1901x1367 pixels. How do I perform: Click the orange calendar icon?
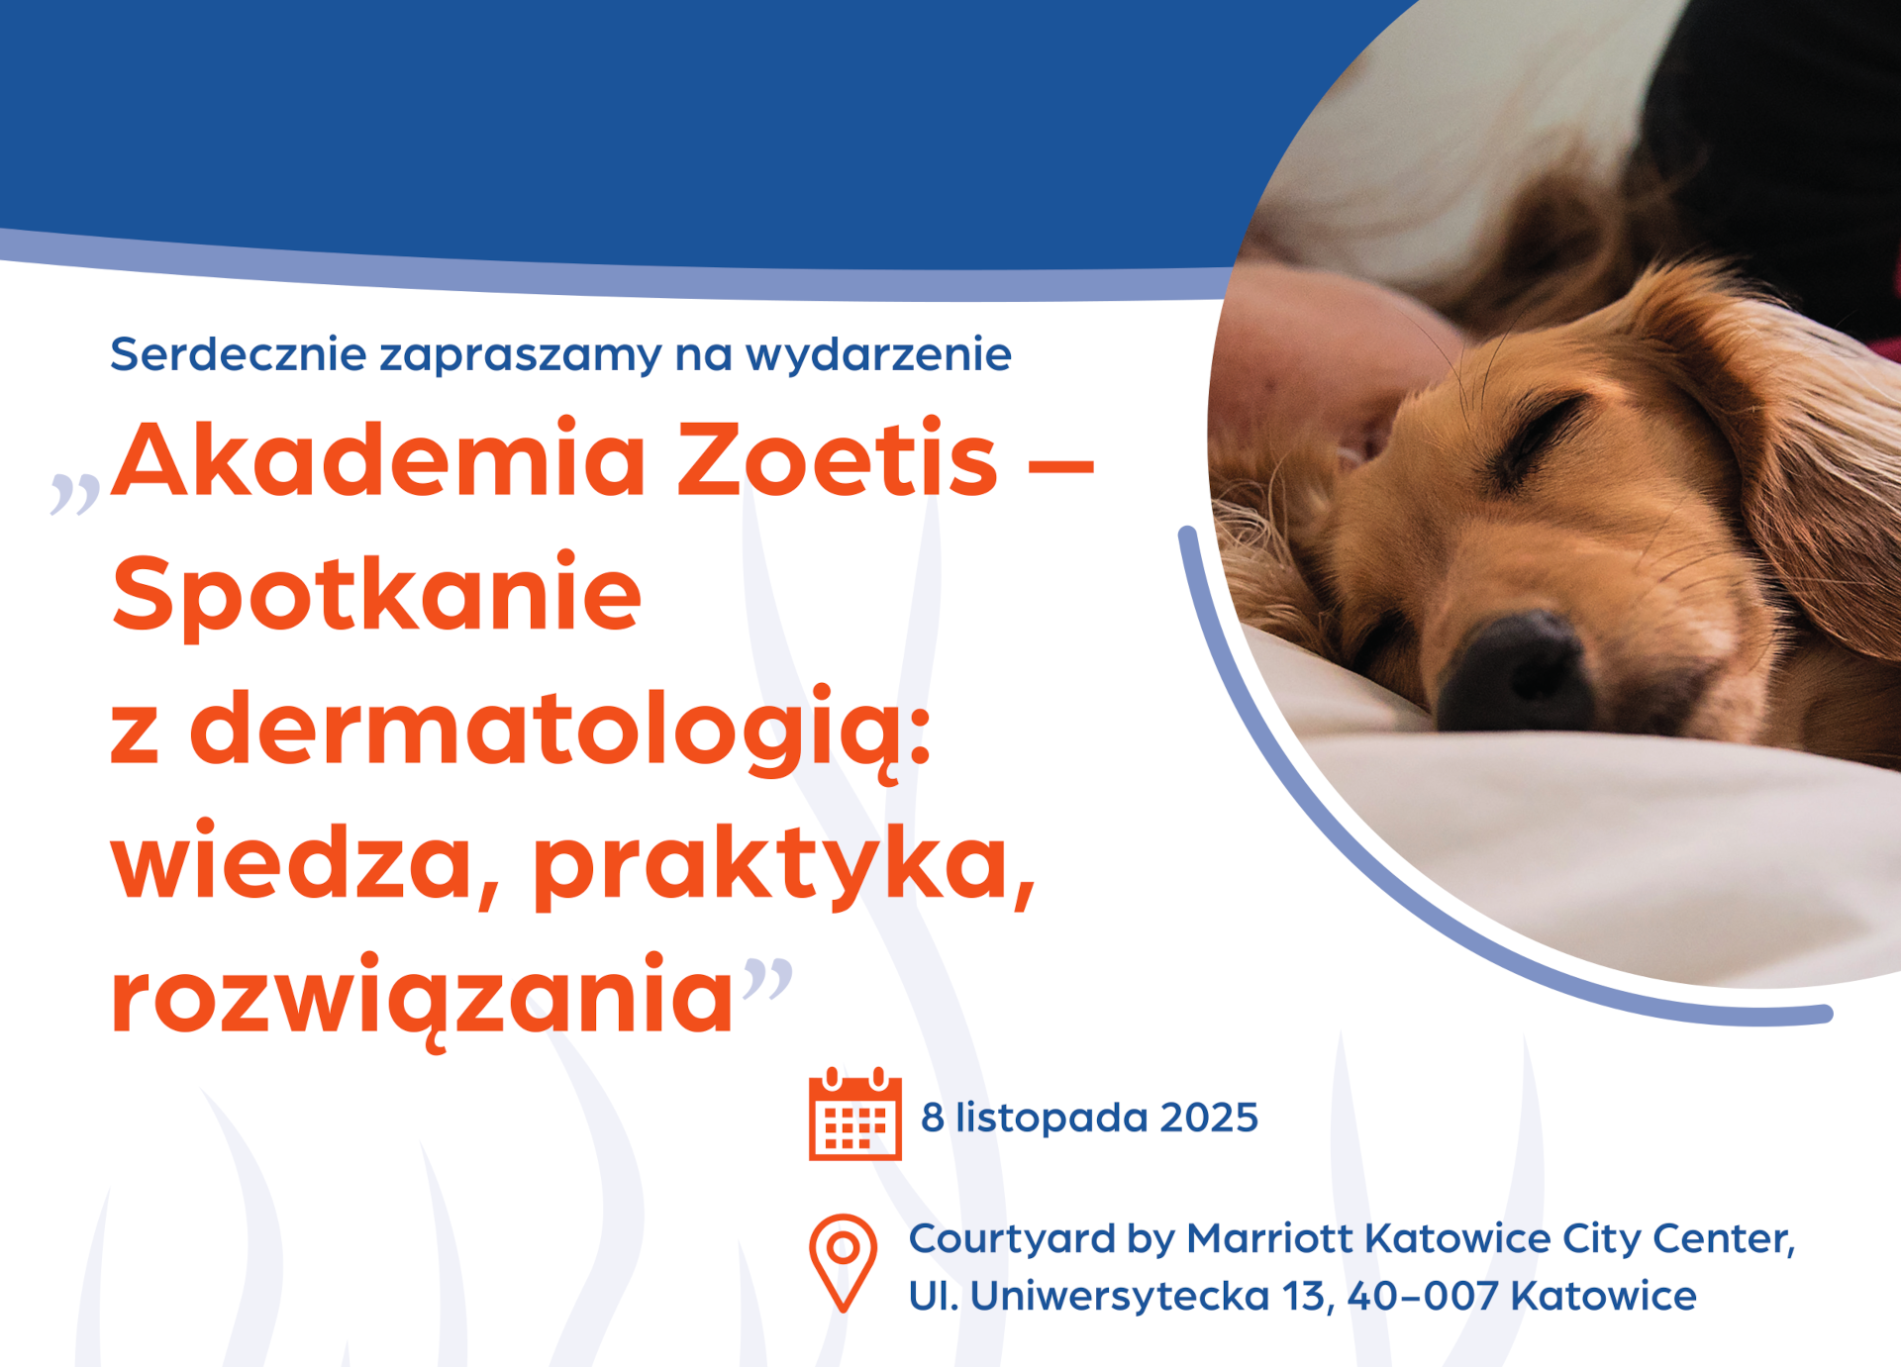(x=854, y=1114)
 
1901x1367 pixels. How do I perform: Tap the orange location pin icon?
(x=843, y=1263)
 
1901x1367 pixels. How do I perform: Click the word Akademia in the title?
(x=378, y=457)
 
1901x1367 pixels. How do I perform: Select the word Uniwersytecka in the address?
(x=1120, y=1296)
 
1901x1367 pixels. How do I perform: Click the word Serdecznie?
(x=238, y=354)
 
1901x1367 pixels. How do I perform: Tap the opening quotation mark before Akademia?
(x=75, y=494)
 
